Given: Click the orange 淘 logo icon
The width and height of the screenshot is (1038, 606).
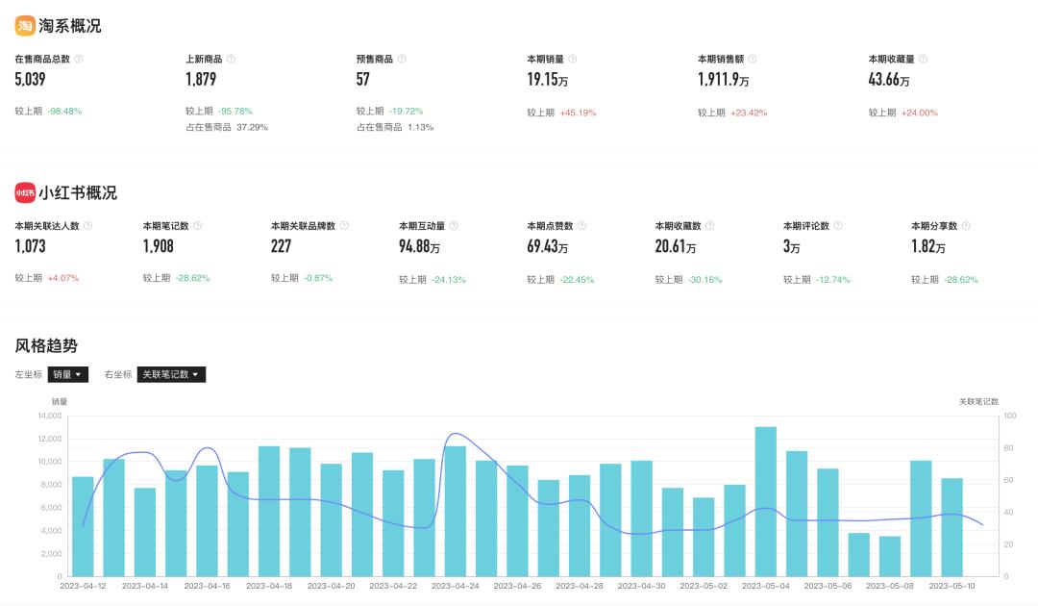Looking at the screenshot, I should (x=25, y=26).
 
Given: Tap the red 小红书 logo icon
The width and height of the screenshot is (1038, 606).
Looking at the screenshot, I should (x=25, y=192).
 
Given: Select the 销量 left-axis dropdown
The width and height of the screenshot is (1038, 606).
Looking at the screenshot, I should (x=68, y=374).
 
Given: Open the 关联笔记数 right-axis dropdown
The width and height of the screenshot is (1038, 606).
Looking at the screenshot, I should (x=171, y=374).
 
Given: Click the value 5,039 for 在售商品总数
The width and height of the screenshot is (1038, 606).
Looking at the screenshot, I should (x=31, y=80).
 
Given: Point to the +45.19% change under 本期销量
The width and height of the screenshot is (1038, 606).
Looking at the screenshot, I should (x=578, y=113).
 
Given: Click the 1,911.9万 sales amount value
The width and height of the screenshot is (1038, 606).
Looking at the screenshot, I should (x=724, y=80).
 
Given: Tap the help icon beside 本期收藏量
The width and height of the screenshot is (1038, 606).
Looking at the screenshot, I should (x=923, y=59).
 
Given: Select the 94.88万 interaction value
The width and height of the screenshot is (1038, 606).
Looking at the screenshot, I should (x=420, y=247).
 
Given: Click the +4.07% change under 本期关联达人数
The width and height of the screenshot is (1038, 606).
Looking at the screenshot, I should (x=63, y=279).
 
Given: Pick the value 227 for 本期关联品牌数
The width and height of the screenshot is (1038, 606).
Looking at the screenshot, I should (x=281, y=247).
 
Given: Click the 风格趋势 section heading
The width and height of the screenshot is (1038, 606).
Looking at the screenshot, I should (x=46, y=345).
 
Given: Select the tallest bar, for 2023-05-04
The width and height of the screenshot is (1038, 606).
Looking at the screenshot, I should (x=766, y=500).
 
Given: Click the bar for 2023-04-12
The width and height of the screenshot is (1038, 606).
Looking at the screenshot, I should (x=83, y=526).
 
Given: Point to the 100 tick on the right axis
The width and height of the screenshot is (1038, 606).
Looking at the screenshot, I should (x=1010, y=416).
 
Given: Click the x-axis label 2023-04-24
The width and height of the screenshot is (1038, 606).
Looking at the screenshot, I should (x=456, y=586).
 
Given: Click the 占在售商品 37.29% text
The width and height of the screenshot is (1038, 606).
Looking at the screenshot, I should (x=227, y=127).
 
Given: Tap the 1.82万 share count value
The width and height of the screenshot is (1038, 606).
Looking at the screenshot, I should (x=928, y=247).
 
